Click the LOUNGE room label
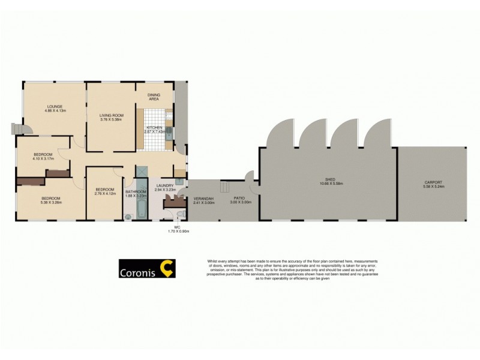(54, 107)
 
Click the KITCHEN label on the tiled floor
(153, 128)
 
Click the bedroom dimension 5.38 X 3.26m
(50, 202)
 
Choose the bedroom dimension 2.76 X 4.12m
(105, 193)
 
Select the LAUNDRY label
(164, 186)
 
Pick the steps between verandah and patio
(226, 186)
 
